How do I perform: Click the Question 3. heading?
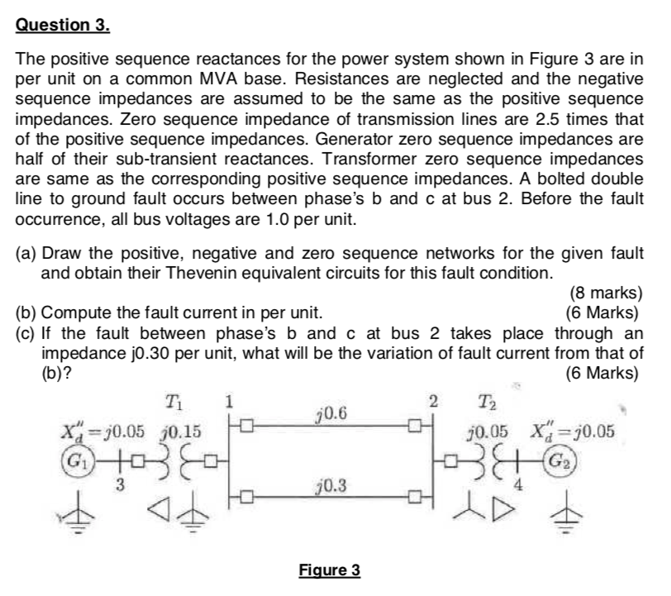[x=63, y=25]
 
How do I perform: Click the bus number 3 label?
[x=120, y=484]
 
